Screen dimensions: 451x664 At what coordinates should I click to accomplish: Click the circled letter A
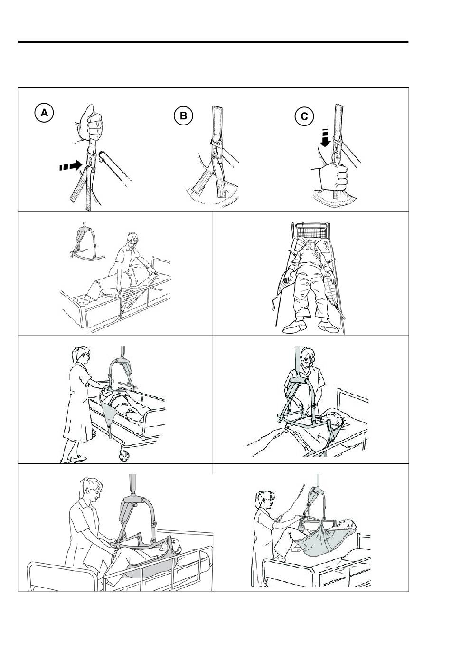(x=44, y=113)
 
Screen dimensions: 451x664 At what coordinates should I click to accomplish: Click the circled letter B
(x=183, y=115)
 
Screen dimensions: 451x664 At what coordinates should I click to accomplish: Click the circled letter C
(x=304, y=116)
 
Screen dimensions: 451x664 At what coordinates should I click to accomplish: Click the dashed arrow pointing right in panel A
(x=70, y=165)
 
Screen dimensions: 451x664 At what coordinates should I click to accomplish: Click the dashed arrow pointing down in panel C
(x=325, y=138)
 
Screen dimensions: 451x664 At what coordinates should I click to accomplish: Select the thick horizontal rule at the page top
(x=213, y=42)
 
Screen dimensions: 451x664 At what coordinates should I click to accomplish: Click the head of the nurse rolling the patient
(x=132, y=241)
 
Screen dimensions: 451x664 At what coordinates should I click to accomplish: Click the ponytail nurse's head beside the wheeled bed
(x=81, y=356)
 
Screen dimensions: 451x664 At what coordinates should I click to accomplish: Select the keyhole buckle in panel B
(x=216, y=150)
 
